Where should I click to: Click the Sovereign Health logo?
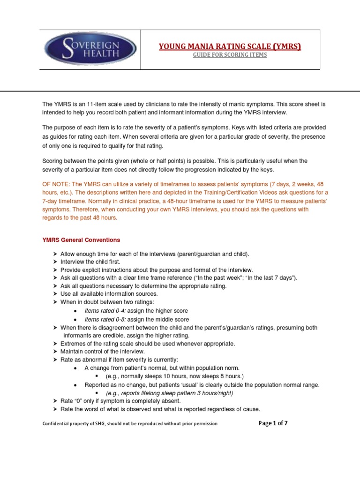pos(90,50)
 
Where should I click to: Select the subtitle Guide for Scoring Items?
pos(230,55)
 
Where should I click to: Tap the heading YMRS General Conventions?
pos(81,240)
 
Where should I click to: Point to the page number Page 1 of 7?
pos(273,423)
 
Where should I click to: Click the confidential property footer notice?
pos(130,424)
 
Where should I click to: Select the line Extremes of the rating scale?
pos(148,344)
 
